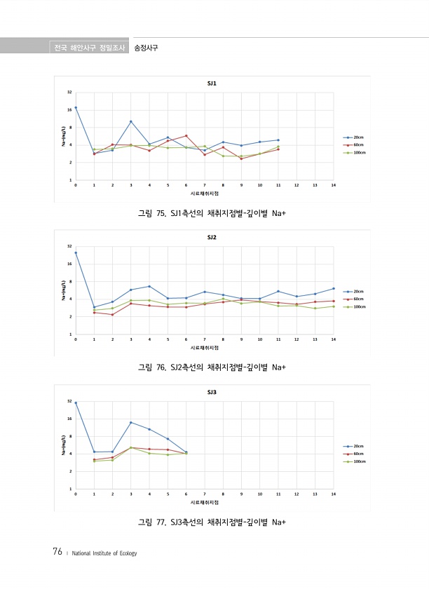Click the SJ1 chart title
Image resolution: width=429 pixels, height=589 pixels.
pyautogui.click(x=211, y=83)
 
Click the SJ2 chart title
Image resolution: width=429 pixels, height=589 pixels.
pyautogui.click(x=211, y=238)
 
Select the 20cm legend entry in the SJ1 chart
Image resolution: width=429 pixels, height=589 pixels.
pyautogui.click(x=357, y=137)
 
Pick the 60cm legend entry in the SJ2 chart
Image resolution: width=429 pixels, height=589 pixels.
pyautogui.click(x=357, y=299)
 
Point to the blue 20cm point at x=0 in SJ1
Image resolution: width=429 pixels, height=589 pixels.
pyautogui.click(x=76, y=107)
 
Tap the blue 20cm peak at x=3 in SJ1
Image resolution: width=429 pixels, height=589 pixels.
pyautogui.click(x=131, y=121)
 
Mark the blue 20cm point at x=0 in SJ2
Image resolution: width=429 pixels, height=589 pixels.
pyautogui.click(x=76, y=252)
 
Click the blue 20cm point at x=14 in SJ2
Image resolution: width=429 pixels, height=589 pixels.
pyautogui.click(x=334, y=288)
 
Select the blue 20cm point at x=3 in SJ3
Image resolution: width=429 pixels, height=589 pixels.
pyautogui.click(x=131, y=422)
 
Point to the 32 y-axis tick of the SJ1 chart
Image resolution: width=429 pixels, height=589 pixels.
pyautogui.click(x=69, y=92)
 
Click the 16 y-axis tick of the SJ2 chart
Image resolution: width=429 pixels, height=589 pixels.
pyautogui.click(x=69, y=264)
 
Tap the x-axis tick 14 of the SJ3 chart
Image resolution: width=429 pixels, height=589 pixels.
pyautogui.click(x=334, y=494)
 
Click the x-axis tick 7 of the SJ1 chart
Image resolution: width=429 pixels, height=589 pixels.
pyautogui.click(x=205, y=186)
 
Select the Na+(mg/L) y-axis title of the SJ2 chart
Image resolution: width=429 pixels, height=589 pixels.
pyautogui.click(x=63, y=290)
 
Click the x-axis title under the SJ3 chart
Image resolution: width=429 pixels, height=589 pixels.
pyautogui.click(x=205, y=502)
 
